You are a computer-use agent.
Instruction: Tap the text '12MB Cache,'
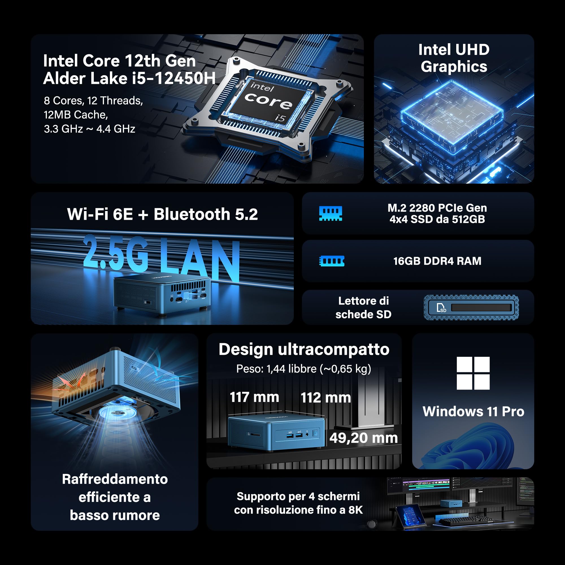click(x=76, y=115)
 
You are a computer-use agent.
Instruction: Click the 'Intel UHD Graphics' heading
click(x=454, y=58)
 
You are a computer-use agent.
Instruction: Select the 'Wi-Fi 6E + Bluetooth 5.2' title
click(x=162, y=214)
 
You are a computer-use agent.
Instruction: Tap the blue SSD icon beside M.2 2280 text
click(x=331, y=213)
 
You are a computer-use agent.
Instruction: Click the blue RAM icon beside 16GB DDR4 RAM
click(x=331, y=261)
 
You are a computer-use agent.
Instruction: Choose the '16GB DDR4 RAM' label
click(x=437, y=261)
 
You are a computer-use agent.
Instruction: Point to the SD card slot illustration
click(x=471, y=307)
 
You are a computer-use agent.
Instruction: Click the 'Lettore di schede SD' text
click(x=363, y=307)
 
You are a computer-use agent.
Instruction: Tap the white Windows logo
click(x=473, y=373)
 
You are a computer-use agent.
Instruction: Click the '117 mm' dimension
click(x=254, y=397)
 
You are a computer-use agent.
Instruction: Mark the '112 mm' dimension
click(x=325, y=397)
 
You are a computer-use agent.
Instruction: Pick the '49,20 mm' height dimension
click(x=363, y=438)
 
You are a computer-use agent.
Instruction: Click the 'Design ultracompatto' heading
click(x=304, y=349)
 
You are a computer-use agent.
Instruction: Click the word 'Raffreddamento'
click(x=115, y=479)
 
